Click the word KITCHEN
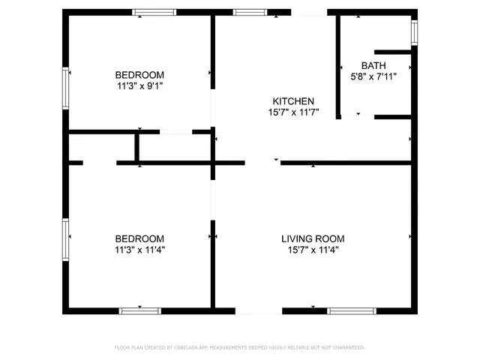click(x=292, y=101)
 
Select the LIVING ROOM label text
click(x=313, y=239)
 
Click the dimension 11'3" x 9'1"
click(x=139, y=85)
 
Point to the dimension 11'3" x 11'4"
click(x=139, y=250)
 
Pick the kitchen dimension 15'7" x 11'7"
click(x=292, y=112)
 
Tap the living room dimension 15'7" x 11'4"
click(x=313, y=250)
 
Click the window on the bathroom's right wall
click(x=414, y=32)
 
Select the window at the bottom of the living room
click(x=352, y=310)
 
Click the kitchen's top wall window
click(x=249, y=12)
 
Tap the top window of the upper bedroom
click(x=154, y=12)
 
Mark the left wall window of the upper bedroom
click(x=66, y=87)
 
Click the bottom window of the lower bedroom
click(x=140, y=310)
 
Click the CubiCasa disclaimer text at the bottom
click(x=239, y=347)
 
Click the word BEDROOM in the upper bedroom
click(x=139, y=75)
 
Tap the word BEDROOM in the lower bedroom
click(x=139, y=239)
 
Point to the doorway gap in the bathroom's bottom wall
click(x=358, y=117)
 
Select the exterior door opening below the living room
click(x=247, y=310)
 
